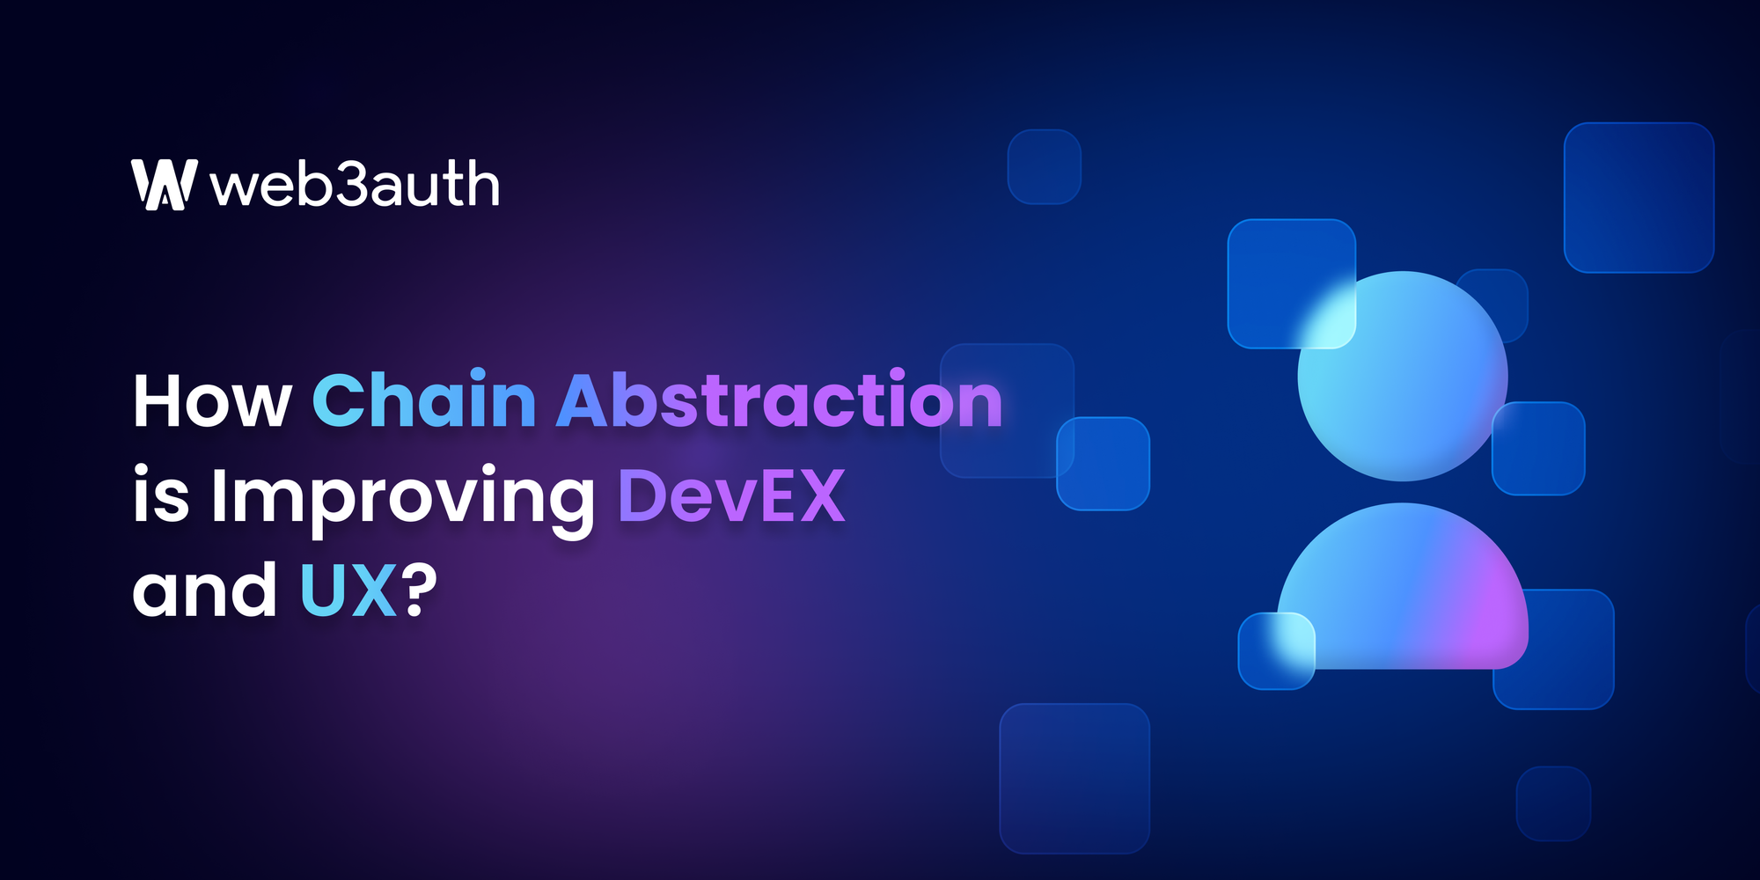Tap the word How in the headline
[x=212, y=401]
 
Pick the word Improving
[x=403, y=496]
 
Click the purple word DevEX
[x=731, y=495]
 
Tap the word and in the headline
[x=205, y=590]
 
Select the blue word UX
[x=348, y=590]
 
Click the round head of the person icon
[x=1403, y=377]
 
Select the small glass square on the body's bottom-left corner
[x=1276, y=651]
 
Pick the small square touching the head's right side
[x=1538, y=448]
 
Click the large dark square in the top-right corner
[x=1639, y=197]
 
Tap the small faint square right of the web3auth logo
[x=1044, y=166]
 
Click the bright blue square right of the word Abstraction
[x=1103, y=464]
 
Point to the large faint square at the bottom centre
[x=1074, y=778]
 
